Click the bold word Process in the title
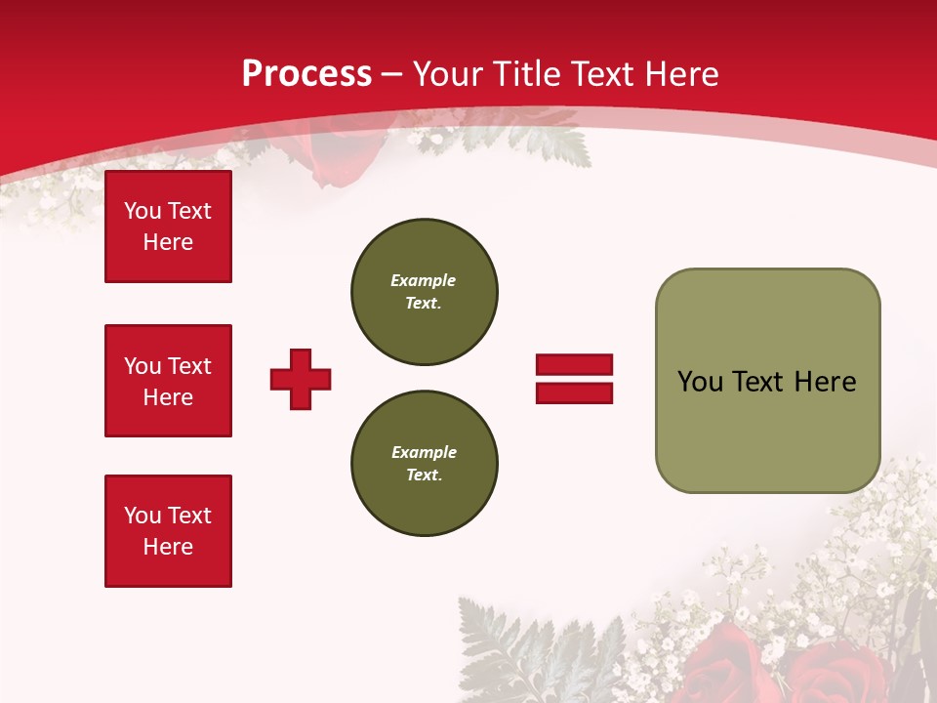point(306,74)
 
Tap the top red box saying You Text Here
point(168,227)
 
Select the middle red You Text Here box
point(168,381)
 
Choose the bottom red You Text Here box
point(168,531)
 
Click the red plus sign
point(301,379)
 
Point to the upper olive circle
point(425,292)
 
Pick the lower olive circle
point(425,464)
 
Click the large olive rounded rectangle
point(767,381)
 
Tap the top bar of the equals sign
point(574,364)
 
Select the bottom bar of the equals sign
point(574,393)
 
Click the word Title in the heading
point(527,74)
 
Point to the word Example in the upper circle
point(424,280)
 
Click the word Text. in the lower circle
point(424,476)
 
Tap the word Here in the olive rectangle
point(825,382)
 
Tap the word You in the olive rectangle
point(700,382)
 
